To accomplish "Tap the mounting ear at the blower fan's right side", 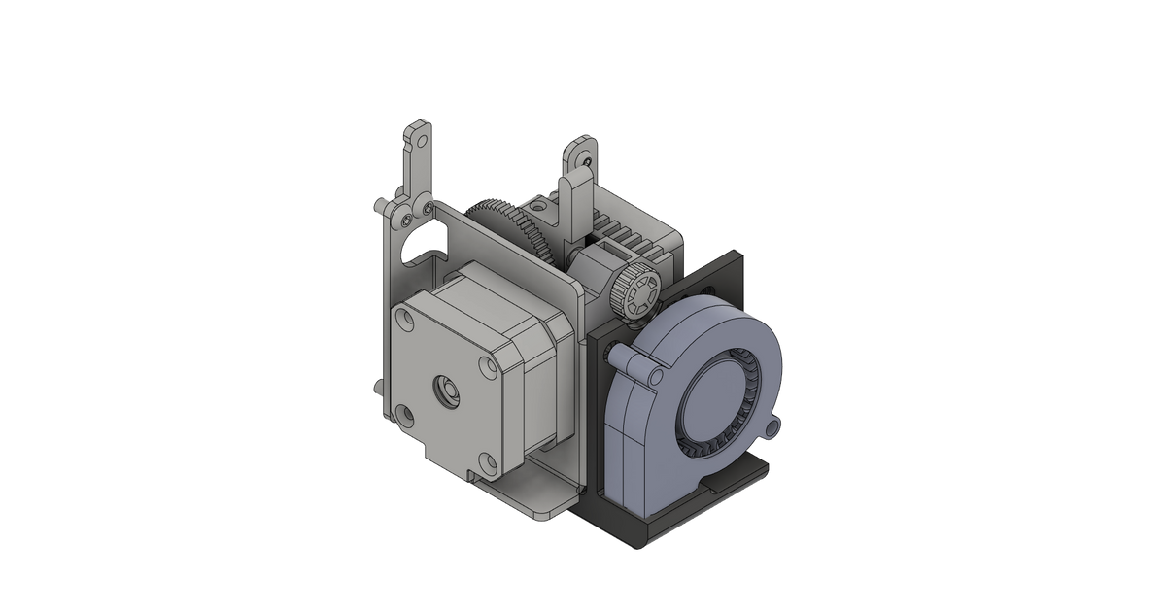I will click(x=773, y=425).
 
